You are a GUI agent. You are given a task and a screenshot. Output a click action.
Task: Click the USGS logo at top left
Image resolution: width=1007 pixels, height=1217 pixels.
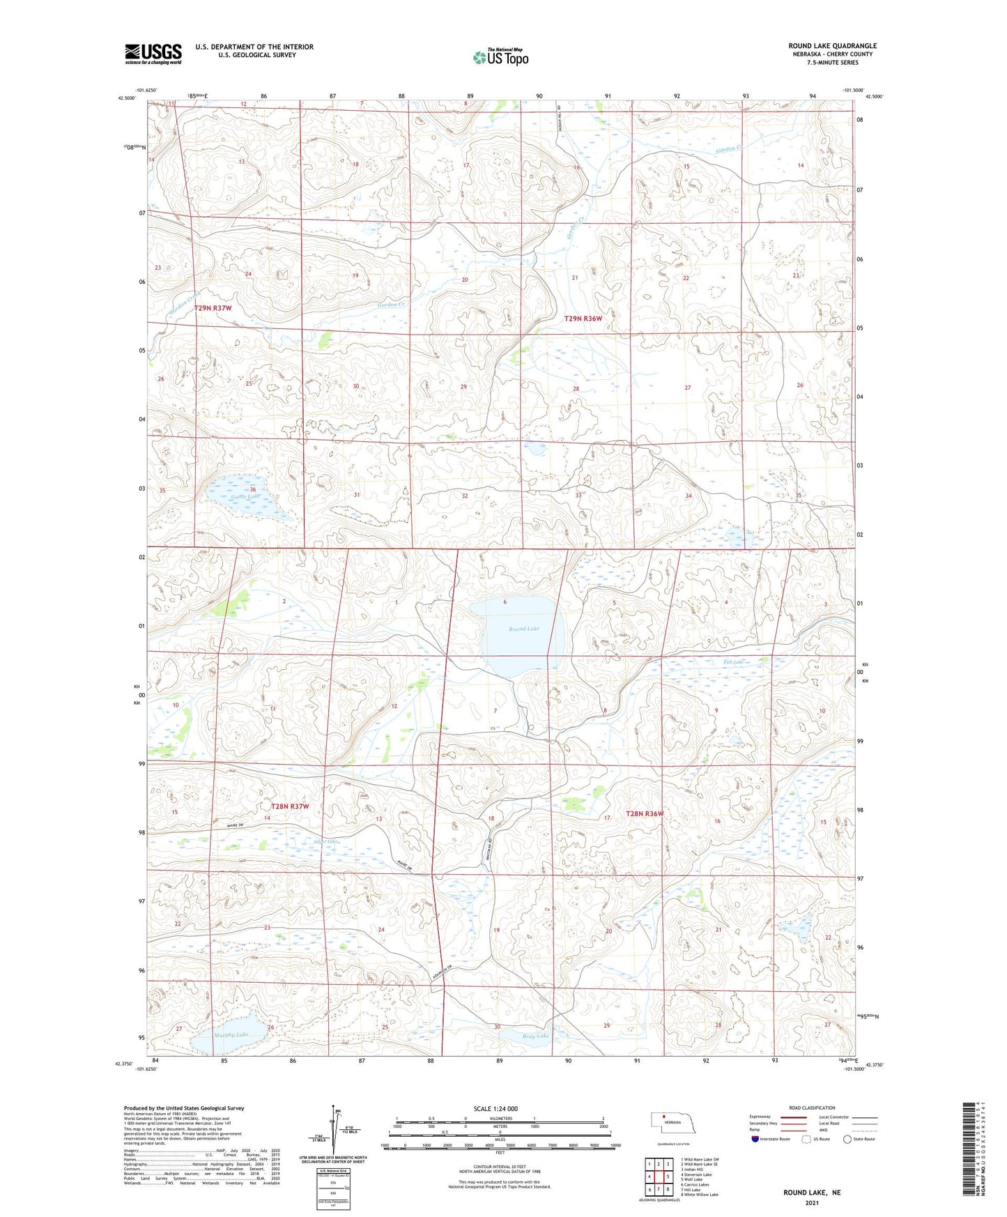(153, 54)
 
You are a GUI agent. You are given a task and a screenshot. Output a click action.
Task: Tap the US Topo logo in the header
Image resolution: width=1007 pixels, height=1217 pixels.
(500, 57)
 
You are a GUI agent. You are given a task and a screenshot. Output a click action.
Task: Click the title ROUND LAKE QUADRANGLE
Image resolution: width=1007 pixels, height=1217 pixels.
(832, 45)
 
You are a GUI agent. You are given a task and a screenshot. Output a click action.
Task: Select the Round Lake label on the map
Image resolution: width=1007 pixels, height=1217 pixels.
(523, 629)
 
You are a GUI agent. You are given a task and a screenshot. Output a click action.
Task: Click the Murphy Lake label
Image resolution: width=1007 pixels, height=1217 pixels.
(231, 1035)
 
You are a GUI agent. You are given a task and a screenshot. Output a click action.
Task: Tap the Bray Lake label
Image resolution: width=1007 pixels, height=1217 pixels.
(536, 1036)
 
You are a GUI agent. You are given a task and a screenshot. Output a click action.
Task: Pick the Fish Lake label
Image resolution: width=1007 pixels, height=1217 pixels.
(733, 661)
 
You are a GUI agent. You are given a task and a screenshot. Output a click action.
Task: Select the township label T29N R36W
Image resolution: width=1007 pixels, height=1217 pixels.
(583, 319)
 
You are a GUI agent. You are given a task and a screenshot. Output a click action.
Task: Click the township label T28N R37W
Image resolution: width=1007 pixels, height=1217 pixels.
(290, 806)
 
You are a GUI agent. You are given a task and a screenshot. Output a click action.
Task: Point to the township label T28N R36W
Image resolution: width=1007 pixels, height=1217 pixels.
(645, 813)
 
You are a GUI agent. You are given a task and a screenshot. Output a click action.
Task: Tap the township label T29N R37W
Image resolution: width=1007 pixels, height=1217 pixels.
(213, 307)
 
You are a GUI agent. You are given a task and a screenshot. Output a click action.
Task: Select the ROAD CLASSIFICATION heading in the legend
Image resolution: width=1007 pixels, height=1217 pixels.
(812, 1108)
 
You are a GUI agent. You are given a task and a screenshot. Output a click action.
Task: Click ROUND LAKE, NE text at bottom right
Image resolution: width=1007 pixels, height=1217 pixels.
(812, 1193)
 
